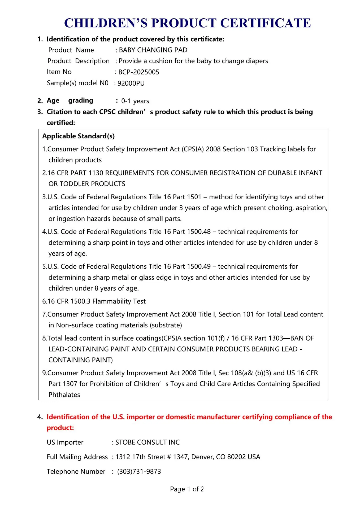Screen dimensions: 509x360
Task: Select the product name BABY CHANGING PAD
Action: click(153, 50)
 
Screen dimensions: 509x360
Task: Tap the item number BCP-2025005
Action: click(138, 72)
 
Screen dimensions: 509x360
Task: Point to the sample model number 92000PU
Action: click(131, 83)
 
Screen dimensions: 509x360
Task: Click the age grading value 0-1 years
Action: click(135, 101)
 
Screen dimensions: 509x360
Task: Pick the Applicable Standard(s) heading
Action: click(79, 136)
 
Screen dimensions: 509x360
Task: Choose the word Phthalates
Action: click(64, 395)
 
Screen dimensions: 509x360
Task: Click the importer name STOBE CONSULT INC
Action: click(148, 442)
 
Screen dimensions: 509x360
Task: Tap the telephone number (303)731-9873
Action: click(139, 471)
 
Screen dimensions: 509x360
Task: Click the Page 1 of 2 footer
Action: click(187, 489)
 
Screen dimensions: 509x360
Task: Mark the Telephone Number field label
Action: click(76, 471)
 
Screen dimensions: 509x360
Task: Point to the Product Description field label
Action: click(79, 61)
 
